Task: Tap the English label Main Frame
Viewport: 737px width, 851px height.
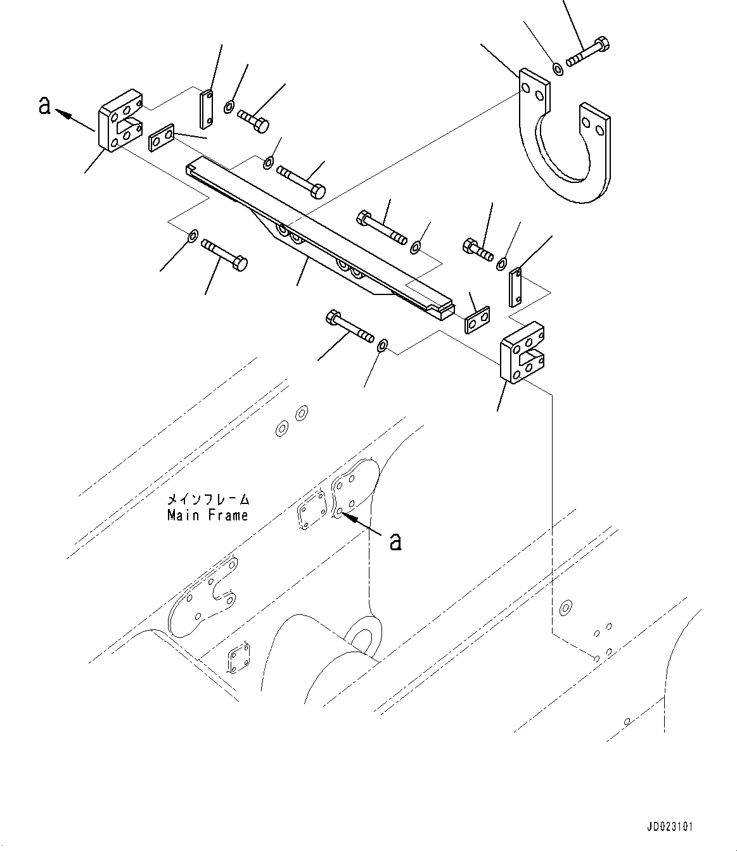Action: pyautogui.click(x=207, y=515)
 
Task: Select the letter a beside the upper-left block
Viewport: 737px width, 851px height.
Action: pyautogui.click(x=44, y=105)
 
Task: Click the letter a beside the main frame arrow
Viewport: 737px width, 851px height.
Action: pyautogui.click(x=395, y=541)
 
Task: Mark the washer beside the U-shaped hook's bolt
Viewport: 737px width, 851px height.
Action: pyautogui.click(x=558, y=68)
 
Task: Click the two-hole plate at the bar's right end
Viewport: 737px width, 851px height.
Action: pyautogui.click(x=477, y=320)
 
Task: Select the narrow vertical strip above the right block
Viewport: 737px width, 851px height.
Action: pyautogui.click(x=516, y=287)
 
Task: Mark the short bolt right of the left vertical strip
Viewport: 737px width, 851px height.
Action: pyautogui.click(x=254, y=121)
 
